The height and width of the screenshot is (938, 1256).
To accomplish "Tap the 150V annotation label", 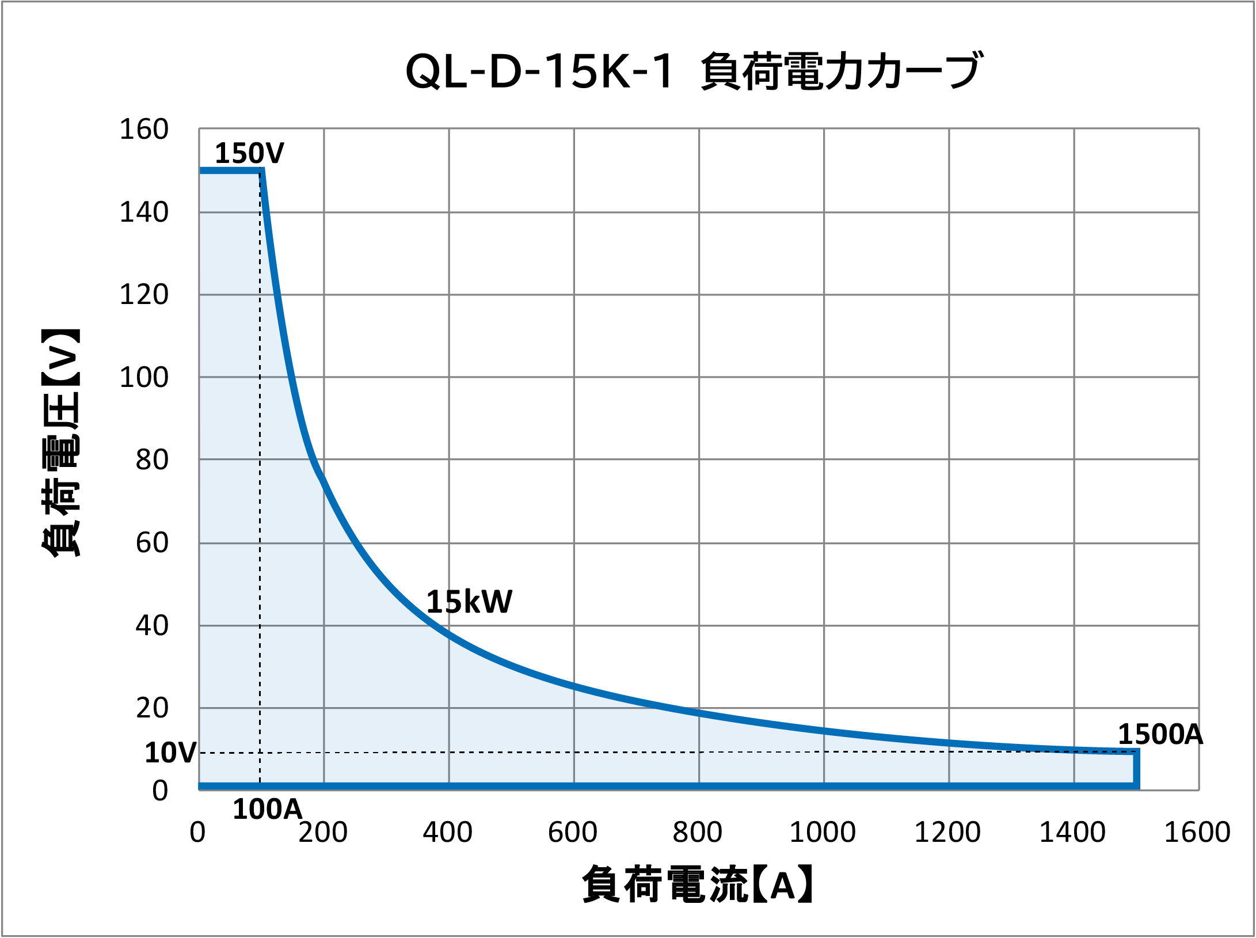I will (x=249, y=153).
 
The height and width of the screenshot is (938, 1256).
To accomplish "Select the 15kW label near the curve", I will (x=469, y=602).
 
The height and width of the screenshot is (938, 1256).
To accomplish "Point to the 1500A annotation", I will (x=1160, y=734).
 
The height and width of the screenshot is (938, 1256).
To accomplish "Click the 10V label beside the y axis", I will (x=170, y=753).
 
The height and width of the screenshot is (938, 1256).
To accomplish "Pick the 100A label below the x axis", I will (x=267, y=809).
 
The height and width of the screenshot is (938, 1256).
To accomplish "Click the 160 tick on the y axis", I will (x=144, y=129).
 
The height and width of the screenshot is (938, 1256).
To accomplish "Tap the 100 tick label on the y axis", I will (x=144, y=377).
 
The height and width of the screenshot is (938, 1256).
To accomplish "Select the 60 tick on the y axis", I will (x=152, y=542).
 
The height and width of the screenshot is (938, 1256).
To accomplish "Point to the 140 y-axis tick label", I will (x=144, y=212).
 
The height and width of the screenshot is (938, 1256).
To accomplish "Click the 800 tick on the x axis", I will (x=698, y=832).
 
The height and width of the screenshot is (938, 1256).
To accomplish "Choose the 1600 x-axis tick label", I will (x=1197, y=832).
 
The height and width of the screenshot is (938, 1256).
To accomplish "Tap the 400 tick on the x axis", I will (x=448, y=832).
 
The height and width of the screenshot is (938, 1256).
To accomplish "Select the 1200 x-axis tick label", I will (x=947, y=832).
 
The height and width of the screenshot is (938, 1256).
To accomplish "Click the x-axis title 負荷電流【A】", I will (x=698, y=884).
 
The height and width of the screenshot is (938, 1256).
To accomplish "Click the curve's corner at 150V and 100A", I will (x=261, y=170).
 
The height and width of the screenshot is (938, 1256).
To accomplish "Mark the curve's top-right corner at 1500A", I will (x=1137, y=751).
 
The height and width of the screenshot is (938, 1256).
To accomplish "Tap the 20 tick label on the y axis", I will (x=152, y=708).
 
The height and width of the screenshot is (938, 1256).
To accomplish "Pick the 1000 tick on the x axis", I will (x=823, y=832).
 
